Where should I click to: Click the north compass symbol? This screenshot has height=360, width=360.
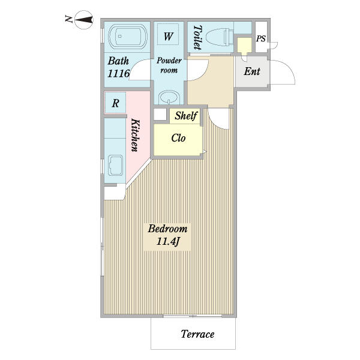pyautogui.click(x=84, y=20)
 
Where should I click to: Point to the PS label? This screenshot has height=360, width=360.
pyautogui.click(x=261, y=38)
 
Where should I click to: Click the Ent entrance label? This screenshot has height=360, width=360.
pyautogui.click(x=252, y=71)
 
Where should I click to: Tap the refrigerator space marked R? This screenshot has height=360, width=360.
pyautogui.click(x=115, y=103)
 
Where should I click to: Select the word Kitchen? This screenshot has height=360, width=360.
pyautogui.click(x=135, y=135)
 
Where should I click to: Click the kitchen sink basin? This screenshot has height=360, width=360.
pyautogui.click(x=115, y=166)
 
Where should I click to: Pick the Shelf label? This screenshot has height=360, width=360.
pyautogui.click(x=186, y=115)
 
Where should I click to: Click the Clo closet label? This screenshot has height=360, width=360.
pyautogui.click(x=178, y=138)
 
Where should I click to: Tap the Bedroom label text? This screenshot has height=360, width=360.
pyautogui.click(x=167, y=229)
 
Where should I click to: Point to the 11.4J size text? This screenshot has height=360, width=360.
pyautogui.click(x=167, y=241)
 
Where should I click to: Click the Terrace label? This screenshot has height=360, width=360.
pyautogui.click(x=197, y=334)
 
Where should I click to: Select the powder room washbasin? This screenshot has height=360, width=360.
pyautogui.click(x=169, y=97)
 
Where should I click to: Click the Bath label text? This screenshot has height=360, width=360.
pyautogui.click(x=118, y=61)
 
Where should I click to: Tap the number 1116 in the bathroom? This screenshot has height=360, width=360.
pyautogui.click(x=119, y=73)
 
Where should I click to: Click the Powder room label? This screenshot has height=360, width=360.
pyautogui.click(x=169, y=65)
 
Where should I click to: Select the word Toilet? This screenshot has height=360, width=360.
pyautogui.click(x=197, y=37)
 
